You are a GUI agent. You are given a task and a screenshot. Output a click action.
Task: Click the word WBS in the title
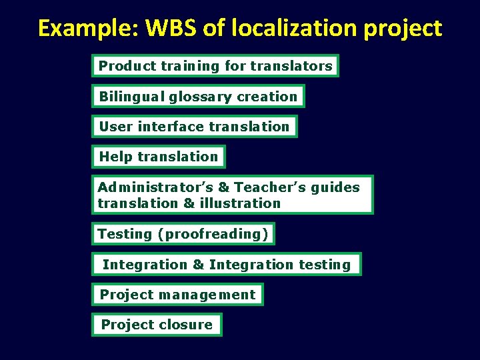point(176,28)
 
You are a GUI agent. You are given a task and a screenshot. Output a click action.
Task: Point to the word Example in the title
point(85,28)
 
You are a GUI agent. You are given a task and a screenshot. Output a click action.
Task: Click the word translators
point(291,66)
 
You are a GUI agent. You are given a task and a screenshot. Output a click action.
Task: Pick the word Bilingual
point(131,97)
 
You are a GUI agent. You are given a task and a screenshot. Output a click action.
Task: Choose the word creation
point(267,97)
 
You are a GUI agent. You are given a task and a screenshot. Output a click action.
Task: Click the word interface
point(171,127)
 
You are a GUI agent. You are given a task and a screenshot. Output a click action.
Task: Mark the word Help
point(116,157)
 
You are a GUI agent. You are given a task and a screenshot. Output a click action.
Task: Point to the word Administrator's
point(155,187)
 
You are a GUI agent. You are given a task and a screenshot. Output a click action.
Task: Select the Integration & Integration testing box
point(227,265)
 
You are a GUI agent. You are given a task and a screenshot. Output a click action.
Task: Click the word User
point(116,127)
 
